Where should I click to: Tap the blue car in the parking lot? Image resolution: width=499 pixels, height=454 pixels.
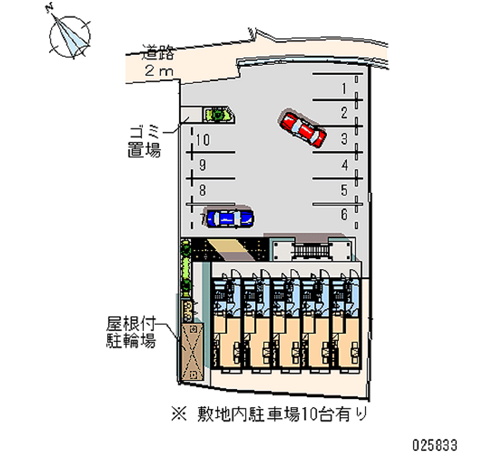click(x=230, y=217)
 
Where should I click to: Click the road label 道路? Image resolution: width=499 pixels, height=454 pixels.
click(x=158, y=52)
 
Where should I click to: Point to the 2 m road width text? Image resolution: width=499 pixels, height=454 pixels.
click(x=158, y=71)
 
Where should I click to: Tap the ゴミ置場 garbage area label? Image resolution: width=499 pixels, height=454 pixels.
click(x=145, y=141)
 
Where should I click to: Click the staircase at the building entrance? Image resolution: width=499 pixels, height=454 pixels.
click(x=310, y=251)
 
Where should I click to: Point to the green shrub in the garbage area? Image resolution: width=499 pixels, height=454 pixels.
click(x=218, y=114)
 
